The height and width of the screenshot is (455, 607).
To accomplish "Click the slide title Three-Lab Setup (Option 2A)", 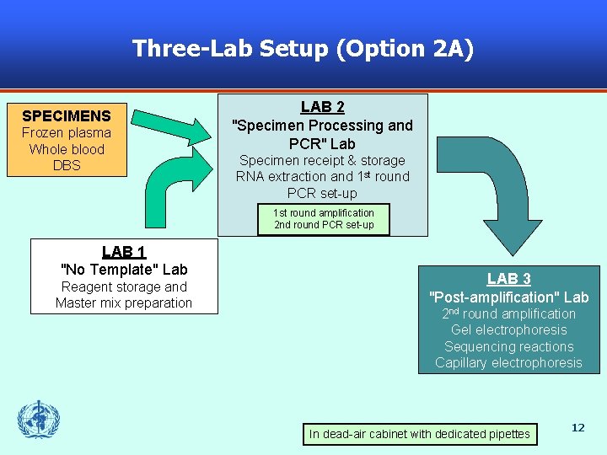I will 303,49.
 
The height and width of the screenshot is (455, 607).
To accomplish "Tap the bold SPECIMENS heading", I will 67,115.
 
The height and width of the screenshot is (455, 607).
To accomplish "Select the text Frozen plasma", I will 67,132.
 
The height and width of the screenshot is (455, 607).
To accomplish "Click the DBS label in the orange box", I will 67,165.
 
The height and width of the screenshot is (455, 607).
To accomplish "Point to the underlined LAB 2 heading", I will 322,107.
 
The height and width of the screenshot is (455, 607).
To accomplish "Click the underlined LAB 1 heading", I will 124,251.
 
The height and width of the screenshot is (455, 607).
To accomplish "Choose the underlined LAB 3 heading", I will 508,278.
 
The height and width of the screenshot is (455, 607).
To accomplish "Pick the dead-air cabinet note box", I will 420,434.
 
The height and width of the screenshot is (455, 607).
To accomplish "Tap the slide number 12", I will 577,428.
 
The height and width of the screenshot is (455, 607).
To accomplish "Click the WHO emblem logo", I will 39,420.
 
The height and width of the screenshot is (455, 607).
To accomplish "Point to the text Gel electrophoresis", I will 508,330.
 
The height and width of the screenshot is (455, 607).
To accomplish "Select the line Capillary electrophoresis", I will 508,363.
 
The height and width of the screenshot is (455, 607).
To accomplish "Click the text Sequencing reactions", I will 508,346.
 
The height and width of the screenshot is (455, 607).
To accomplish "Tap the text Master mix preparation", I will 124,303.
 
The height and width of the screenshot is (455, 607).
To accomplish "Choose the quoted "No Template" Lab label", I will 124,270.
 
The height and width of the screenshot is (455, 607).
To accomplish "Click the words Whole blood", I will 67,149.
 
